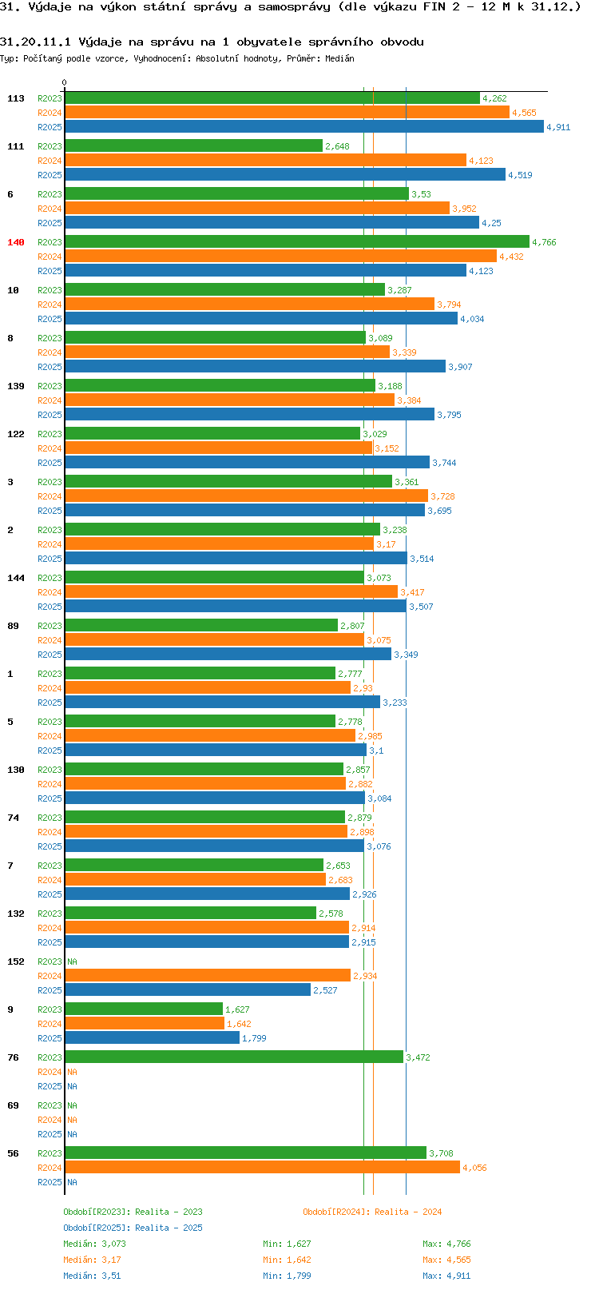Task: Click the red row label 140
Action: (16, 242)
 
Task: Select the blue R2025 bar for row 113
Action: (303, 126)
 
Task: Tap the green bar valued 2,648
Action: (193, 145)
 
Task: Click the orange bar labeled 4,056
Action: (262, 1167)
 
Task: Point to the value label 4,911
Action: (558, 127)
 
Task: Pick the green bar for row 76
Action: (233, 1057)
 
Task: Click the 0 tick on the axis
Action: (65, 82)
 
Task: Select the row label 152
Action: (16, 962)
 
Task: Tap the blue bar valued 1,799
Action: (152, 1037)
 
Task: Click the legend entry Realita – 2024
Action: (372, 1212)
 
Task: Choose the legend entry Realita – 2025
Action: (133, 1228)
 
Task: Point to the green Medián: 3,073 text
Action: (94, 1244)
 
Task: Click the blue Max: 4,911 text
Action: (446, 1276)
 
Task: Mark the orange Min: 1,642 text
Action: (287, 1260)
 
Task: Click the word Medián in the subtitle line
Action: (339, 58)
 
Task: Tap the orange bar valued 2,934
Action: (208, 975)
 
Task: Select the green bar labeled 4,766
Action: (296, 241)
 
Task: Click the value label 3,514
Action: (422, 559)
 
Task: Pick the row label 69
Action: (13, 1105)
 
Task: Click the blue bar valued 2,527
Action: (188, 989)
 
